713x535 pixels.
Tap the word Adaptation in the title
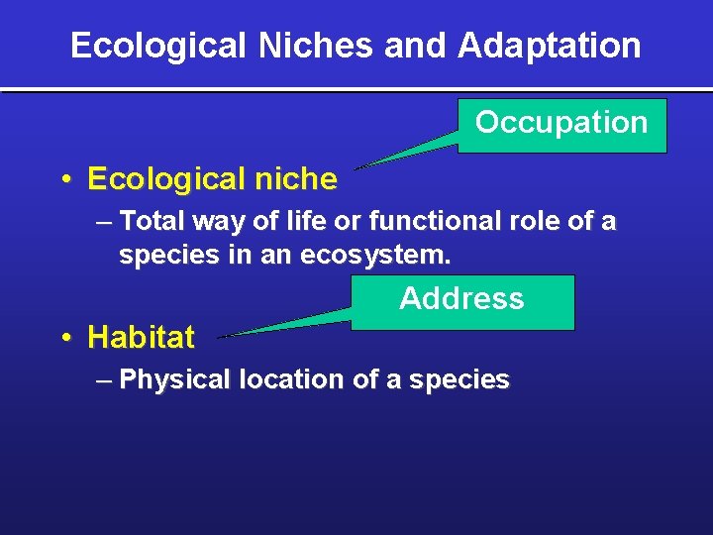550,46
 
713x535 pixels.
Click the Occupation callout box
561,125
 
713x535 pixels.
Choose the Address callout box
462,301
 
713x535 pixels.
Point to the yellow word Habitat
142,338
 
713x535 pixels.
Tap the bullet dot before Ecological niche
64,180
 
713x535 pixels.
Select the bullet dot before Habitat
64,339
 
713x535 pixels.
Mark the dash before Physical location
105,379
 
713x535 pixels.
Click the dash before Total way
105,221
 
